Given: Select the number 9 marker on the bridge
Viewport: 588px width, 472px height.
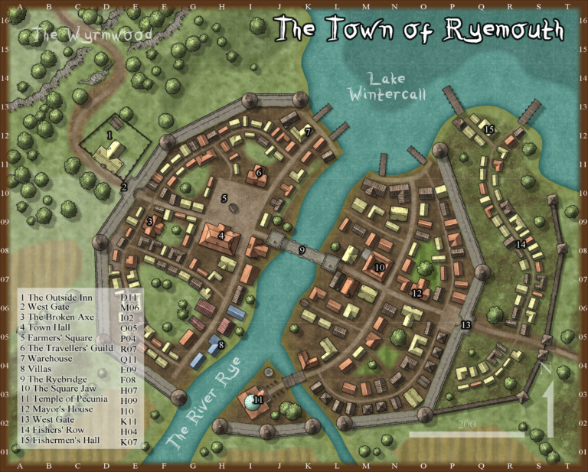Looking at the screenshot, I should [x=302, y=249].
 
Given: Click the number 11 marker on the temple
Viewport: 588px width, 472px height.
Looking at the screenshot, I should [x=257, y=399].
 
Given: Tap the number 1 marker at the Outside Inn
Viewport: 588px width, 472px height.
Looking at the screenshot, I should [x=110, y=135].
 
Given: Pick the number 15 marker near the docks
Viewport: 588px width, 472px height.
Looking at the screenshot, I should [x=488, y=129].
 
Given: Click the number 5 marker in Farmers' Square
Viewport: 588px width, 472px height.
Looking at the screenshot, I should [x=224, y=198].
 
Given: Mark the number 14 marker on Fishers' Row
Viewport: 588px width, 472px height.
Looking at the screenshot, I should [x=521, y=244].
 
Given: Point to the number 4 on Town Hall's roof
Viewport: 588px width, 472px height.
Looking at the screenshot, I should [x=220, y=236].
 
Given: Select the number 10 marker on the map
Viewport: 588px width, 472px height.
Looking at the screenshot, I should [x=380, y=267].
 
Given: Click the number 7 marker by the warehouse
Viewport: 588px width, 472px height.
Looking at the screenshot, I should [x=308, y=132].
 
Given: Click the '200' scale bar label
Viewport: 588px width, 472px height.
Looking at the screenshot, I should [x=467, y=425].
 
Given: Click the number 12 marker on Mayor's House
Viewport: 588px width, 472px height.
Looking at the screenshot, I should [x=416, y=293].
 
